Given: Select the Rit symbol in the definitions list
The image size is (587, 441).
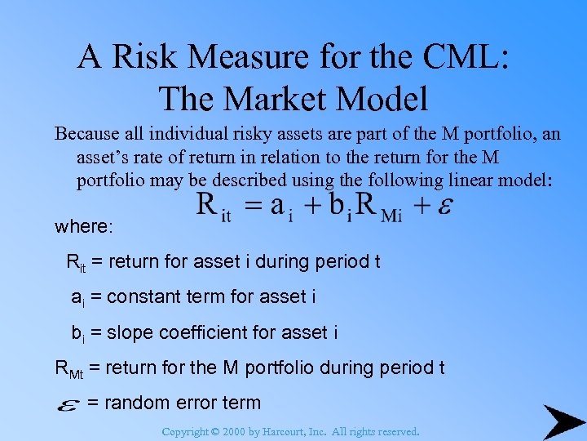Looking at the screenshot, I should click(76, 263).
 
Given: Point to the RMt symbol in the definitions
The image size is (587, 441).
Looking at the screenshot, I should click(68, 368).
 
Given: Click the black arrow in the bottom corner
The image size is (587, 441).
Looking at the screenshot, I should click(563, 421).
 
